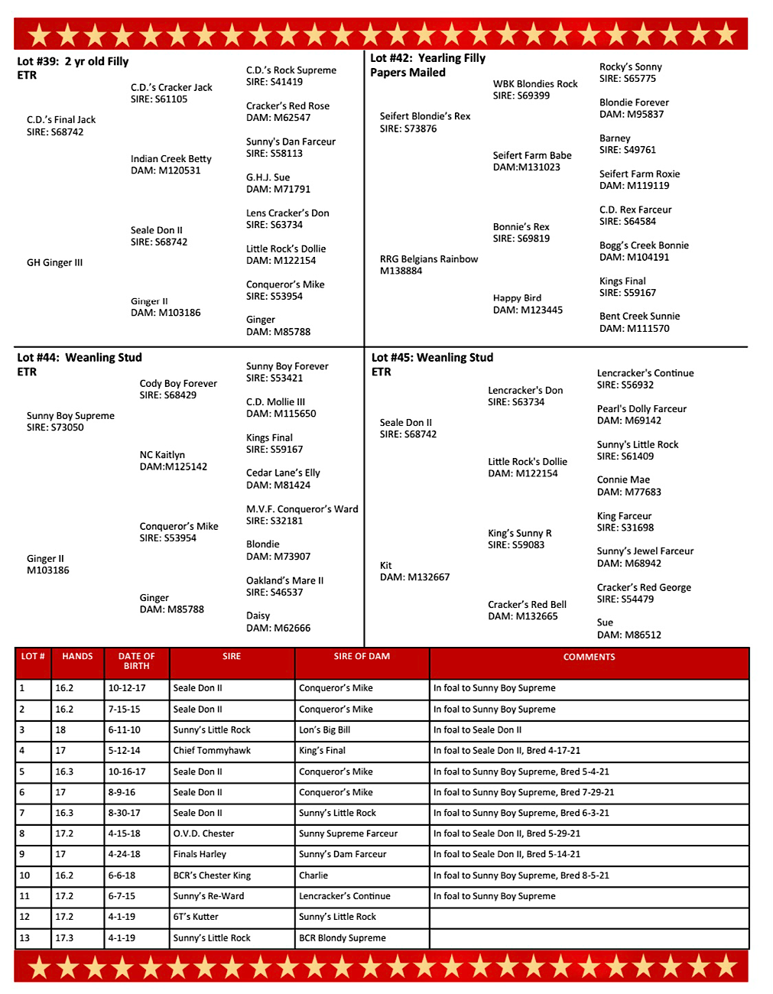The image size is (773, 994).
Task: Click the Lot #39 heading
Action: coord(73,61)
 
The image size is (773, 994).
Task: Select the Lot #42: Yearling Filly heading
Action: coord(427,58)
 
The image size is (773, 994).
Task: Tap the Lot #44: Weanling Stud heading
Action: coord(80,357)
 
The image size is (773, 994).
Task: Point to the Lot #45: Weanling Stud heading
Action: coord(432,357)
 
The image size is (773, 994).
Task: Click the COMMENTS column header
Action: coord(589,657)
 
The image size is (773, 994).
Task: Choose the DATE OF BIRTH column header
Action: coord(136,661)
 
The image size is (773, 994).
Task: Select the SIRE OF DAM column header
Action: coord(362,657)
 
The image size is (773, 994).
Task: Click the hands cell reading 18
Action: coord(60,730)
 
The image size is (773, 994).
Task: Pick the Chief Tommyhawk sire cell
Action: coord(212,751)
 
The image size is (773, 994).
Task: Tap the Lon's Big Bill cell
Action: coord(324,730)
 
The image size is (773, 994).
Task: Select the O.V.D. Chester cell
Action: coord(203,833)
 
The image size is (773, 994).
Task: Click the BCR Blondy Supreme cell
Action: coord(343,938)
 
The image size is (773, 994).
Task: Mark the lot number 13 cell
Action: coord(24,938)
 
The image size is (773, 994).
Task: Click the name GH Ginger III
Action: coord(54,262)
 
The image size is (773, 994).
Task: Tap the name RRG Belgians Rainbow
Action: coord(428,259)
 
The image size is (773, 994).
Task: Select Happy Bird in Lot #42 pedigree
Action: coord(517,298)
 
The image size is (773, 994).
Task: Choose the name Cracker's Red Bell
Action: coord(527,604)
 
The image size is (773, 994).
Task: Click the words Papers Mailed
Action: coord(408,73)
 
